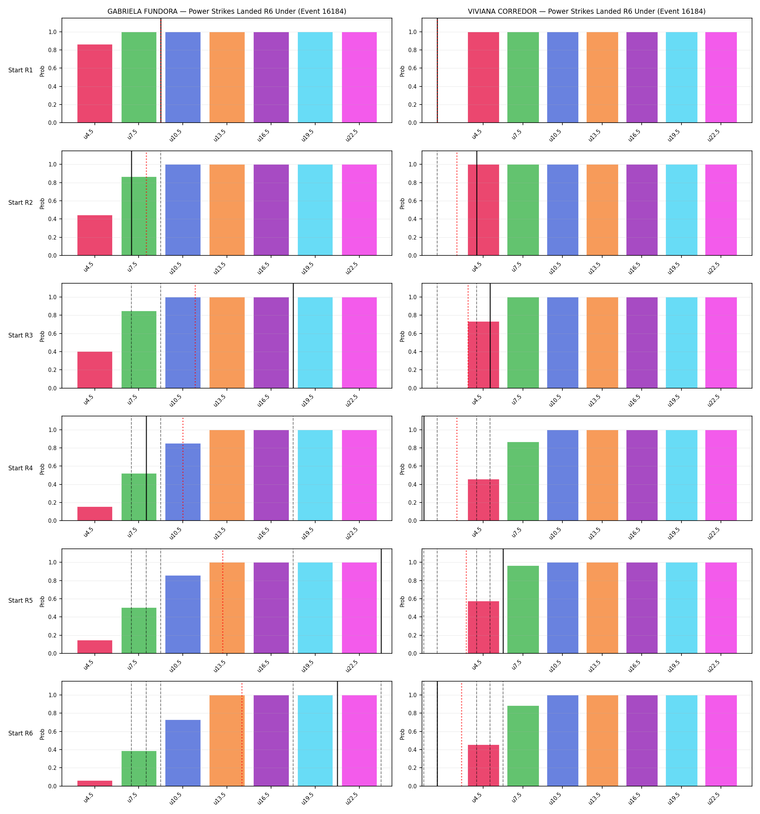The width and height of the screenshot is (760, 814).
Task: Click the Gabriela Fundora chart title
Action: tap(227, 12)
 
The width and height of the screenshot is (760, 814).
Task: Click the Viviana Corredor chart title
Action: tap(587, 12)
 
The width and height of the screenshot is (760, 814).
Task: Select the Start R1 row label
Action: tap(21, 70)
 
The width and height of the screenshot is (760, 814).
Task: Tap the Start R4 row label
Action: tap(21, 468)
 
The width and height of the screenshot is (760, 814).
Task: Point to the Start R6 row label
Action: tap(21, 733)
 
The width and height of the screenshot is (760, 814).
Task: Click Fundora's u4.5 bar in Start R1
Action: tap(95, 84)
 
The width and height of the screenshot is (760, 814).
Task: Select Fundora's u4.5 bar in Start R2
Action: tap(95, 236)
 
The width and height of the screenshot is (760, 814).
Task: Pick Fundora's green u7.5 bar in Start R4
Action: tap(139, 497)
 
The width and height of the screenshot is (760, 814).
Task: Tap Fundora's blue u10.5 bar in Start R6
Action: tap(183, 753)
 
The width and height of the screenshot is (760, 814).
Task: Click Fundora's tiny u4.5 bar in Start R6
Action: tap(95, 783)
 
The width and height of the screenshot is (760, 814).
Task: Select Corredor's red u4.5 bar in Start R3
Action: tap(484, 355)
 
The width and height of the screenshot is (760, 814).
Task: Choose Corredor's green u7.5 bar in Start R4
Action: tap(523, 482)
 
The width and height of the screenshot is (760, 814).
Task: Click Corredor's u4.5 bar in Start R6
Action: tap(484, 766)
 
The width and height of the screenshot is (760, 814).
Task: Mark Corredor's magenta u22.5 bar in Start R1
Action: tap(721, 77)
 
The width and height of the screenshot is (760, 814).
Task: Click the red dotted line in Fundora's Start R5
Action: tap(223, 601)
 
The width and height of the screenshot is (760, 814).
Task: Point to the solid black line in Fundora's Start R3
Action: tap(294, 336)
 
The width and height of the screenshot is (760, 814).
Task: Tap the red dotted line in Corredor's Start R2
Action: tap(457, 203)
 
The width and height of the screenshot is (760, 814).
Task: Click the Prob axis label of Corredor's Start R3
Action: tap(402, 336)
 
